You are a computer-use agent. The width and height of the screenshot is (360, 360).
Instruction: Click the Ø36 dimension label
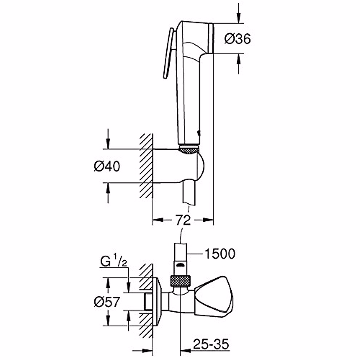(238, 39)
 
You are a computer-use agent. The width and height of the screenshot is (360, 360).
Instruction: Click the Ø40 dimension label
(107, 166)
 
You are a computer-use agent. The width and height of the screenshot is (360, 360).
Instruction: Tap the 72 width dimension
(183, 220)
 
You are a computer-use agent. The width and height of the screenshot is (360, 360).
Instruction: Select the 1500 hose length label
(220, 254)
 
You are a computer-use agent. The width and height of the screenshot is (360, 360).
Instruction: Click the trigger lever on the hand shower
(168, 54)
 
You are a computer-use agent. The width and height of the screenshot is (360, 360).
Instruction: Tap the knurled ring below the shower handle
(189, 149)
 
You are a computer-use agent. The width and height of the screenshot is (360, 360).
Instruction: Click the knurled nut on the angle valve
(180, 281)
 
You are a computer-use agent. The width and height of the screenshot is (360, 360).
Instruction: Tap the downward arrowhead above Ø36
(239, 19)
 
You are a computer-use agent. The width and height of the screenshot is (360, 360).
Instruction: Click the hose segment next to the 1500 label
(181, 253)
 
